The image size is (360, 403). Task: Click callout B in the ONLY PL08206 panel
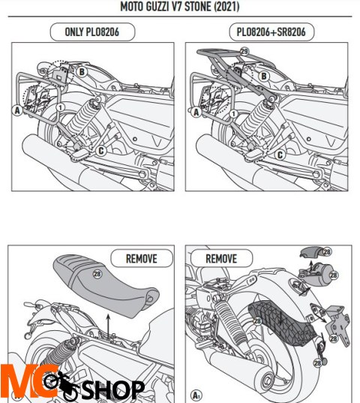(x=80, y=72)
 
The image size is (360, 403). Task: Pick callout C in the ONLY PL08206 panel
(x=100, y=149)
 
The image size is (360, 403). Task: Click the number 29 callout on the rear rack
(x=243, y=51)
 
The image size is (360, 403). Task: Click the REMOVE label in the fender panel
(x=220, y=257)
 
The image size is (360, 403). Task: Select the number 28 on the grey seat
(x=96, y=275)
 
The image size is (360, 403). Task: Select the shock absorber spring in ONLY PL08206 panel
(x=80, y=119)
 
